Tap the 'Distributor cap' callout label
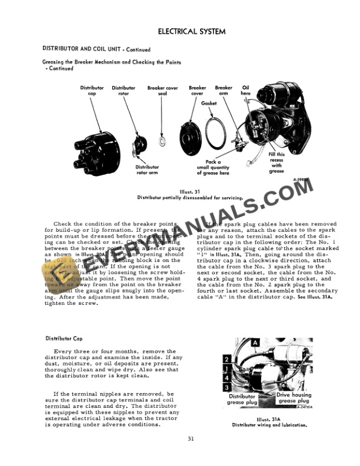(x=92, y=91)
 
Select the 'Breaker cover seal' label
(x=163, y=91)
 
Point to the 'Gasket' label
(x=209, y=104)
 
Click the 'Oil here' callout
(x=245, y=91)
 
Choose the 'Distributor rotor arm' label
(x=143, y=170)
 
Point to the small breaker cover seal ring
(x=162, y=142)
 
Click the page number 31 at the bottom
(x=191, y=439)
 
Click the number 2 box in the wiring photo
(x=226, y=358)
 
